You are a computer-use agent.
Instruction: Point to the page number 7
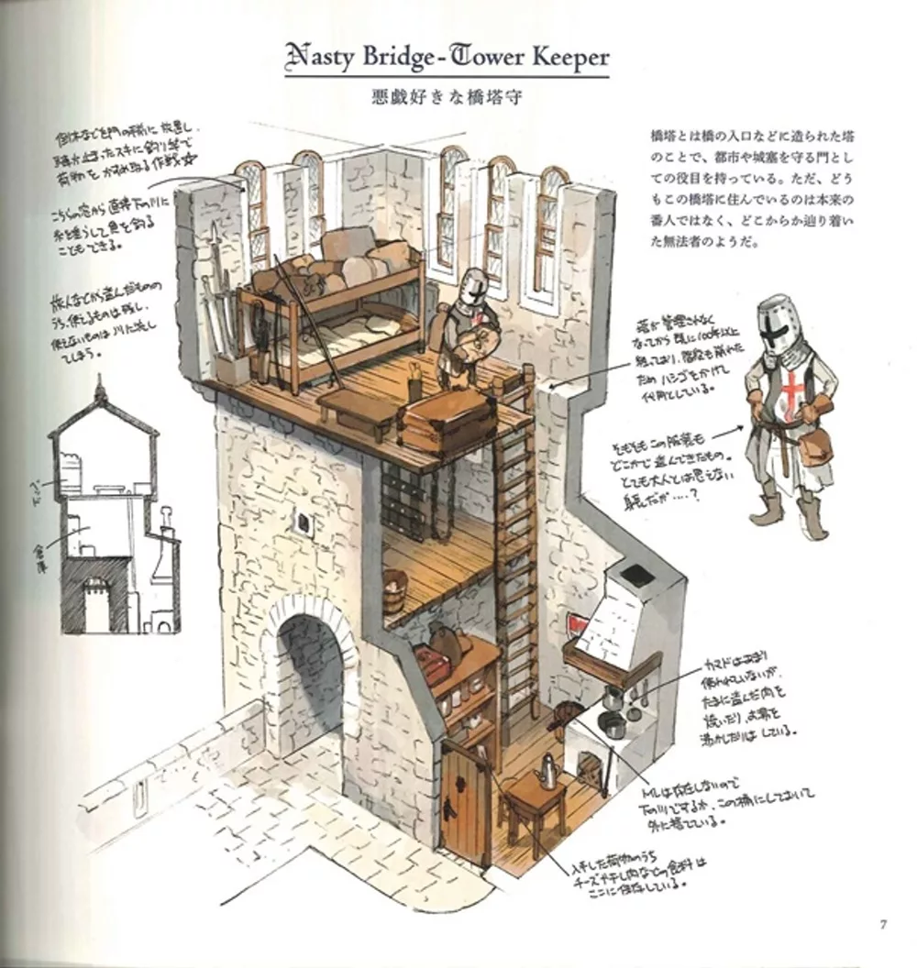(882, 923)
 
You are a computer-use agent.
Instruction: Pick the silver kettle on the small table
(548, 772)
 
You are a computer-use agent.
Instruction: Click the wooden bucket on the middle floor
(395, 584)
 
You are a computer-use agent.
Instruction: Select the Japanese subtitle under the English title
(447, 97)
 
